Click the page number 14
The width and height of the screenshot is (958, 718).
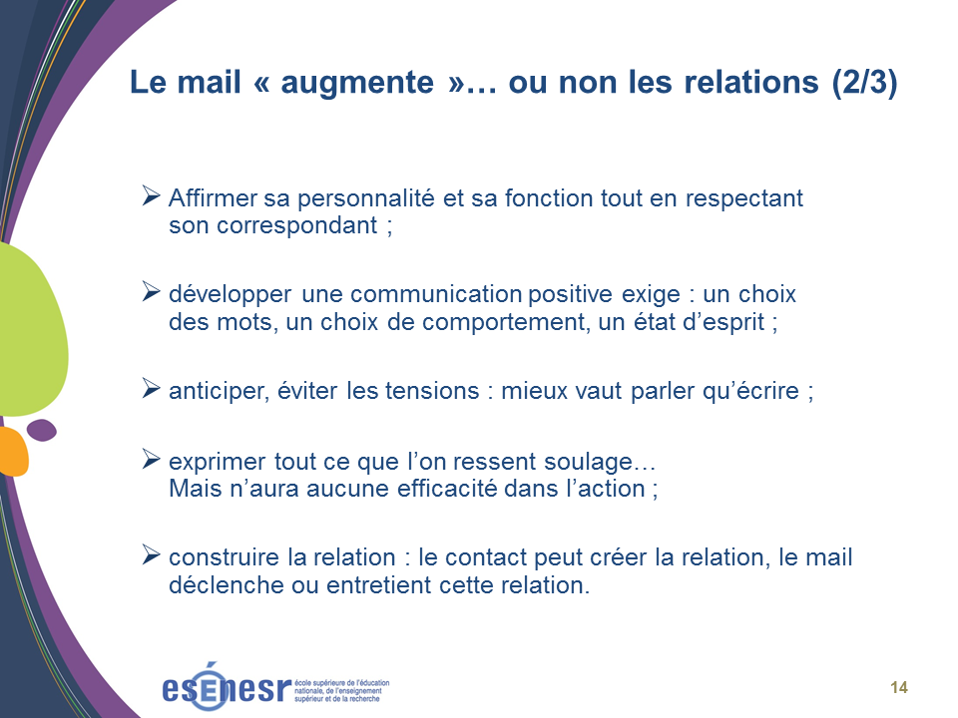(899, 687)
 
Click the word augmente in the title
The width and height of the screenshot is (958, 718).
(357, 83)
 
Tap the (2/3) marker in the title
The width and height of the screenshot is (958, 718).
(864, 82)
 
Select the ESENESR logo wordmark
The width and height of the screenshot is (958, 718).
(227, 687)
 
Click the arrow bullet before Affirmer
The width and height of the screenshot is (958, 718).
(151, 196)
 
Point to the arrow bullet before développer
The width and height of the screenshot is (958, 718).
(151, 291)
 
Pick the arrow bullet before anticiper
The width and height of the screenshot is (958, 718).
(151, 388)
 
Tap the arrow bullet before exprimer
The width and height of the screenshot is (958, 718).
(151, 459)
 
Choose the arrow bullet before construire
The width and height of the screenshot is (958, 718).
(151, 554)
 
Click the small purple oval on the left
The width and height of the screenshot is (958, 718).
(42, 430)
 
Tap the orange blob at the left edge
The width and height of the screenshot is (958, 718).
(12, 452)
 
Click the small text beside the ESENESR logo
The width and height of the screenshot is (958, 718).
(341, 690)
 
